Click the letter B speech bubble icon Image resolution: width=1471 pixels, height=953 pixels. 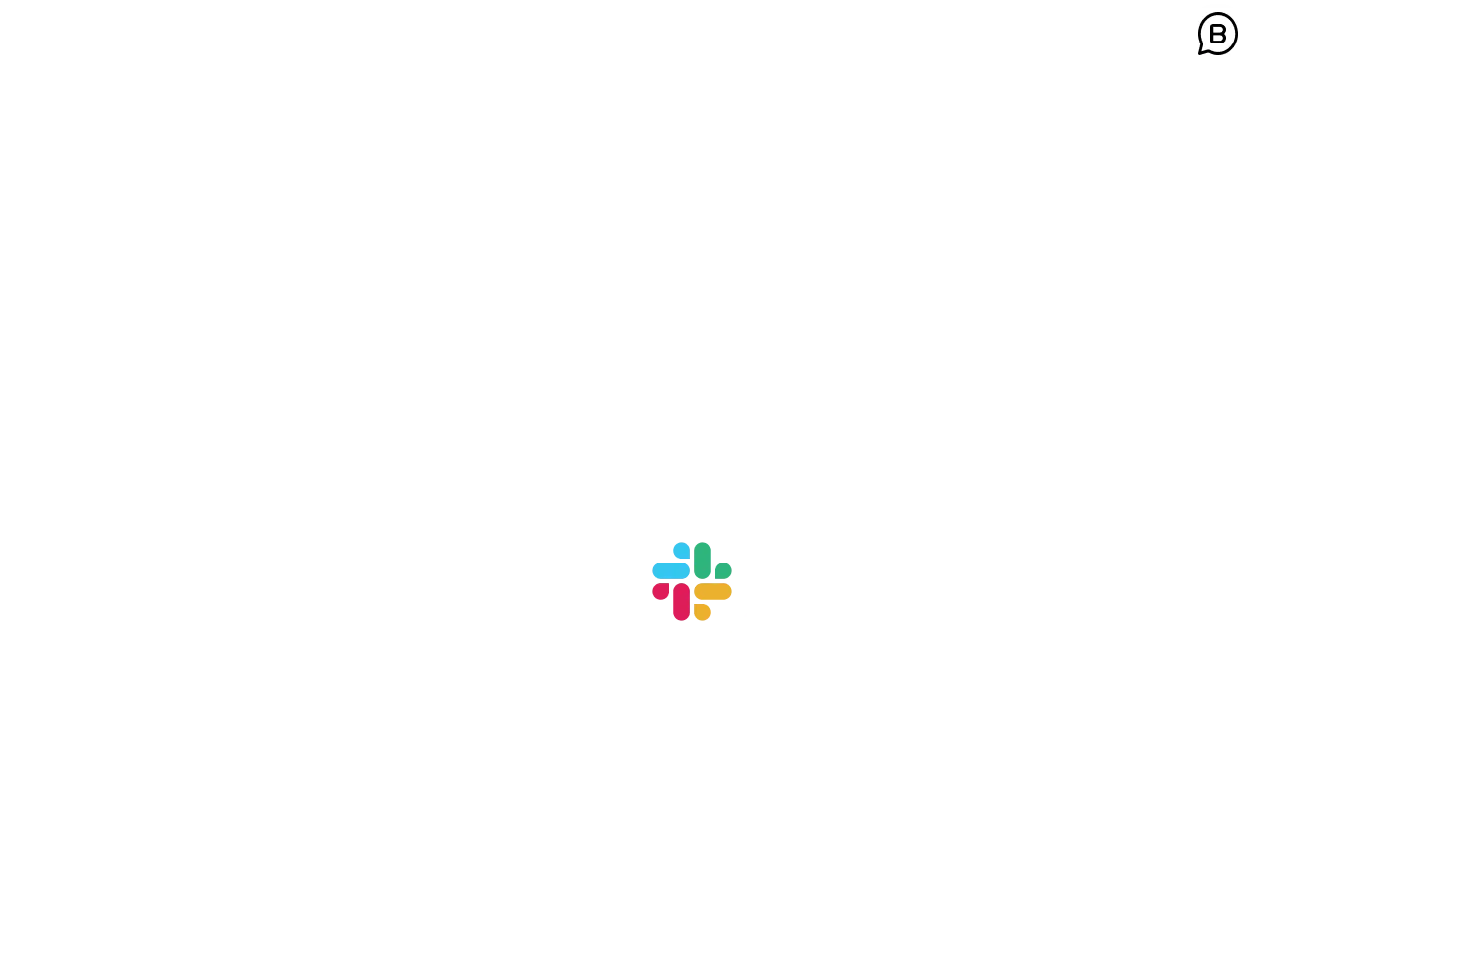click(1217, 35)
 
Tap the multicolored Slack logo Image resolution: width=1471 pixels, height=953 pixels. click(692, 581)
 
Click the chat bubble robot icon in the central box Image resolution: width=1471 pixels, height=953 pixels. click(529, 208)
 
